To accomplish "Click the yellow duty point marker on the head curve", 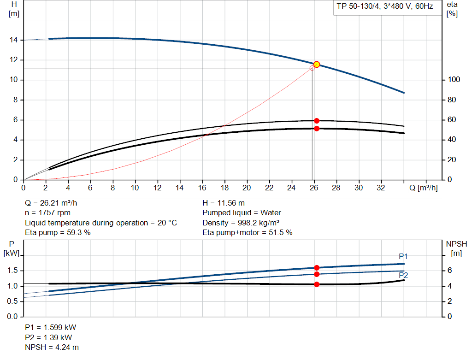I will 317,65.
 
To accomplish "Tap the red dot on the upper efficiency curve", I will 317,121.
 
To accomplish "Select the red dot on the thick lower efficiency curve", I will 317,129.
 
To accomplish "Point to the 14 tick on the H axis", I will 14,40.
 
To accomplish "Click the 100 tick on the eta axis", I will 454,80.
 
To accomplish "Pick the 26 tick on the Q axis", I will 314,188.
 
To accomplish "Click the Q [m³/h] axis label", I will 423,188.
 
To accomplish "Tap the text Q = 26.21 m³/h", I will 54,203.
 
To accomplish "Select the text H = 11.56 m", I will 224,203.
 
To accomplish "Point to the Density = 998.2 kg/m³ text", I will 241,223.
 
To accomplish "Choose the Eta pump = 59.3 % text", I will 58,233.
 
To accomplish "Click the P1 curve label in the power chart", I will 403,256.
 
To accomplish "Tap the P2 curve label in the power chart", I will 403,275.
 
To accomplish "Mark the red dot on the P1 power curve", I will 317,268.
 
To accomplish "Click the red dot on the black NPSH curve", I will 317,284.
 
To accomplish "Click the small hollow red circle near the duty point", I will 312,68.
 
